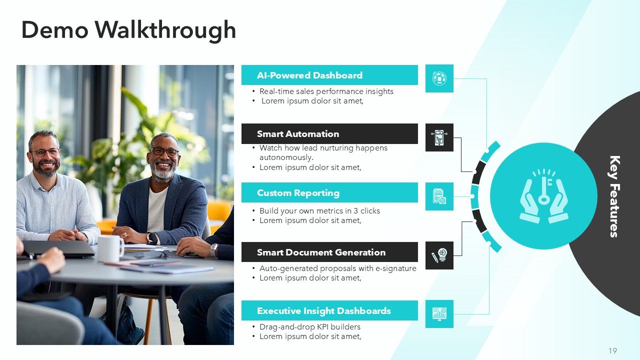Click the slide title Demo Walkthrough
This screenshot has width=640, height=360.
tap(128, 30)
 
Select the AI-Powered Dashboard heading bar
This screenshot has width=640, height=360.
tap(329, 75)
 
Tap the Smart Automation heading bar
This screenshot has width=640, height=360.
tap(329, 134)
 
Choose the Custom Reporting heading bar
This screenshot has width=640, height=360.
tap(329, 193)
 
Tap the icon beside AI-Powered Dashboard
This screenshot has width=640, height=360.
tap(439, 78)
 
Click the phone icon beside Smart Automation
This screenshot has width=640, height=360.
tap(439, 137)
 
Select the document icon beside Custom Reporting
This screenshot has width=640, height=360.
tap(439, 196)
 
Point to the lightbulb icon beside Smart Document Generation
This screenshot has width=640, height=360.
tap(439, 255)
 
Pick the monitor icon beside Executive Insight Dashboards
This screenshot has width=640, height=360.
tap(439, 314)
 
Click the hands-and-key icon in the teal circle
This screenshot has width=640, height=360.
tap(543, 196)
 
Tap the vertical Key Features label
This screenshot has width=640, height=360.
tap(614, 196)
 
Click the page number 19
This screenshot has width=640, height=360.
tap(612, 351)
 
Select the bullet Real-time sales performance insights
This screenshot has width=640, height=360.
tap(326, 91)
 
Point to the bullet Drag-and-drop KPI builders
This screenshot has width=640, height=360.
tap(309, 327)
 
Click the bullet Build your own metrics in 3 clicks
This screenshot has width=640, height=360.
tap(319, 211)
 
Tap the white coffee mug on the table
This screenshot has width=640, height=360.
tap(110, 248)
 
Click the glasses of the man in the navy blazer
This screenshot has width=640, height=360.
tap(164, 151)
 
